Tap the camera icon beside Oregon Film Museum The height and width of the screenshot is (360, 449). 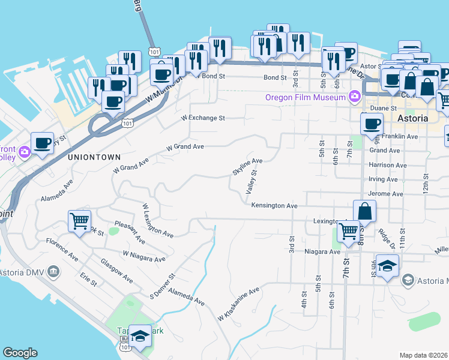point(354,96)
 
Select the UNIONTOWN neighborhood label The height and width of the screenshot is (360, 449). point(90,156)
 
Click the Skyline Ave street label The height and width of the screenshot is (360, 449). point(248,166)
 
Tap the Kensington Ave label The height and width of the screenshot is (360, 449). point(274,206)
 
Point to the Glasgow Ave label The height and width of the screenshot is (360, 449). point(116,271)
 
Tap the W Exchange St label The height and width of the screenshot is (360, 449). point(202,118)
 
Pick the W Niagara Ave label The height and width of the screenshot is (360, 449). point(143,256)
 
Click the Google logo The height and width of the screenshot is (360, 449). point(20,353)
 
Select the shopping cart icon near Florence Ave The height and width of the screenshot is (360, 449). point(79,221)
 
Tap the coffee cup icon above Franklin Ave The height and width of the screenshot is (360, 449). point(372,124)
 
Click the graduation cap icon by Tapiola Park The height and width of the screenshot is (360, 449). point(140,337)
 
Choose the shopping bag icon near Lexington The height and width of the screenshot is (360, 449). point(365,211)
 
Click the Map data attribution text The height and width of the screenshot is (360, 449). point(424,355)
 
